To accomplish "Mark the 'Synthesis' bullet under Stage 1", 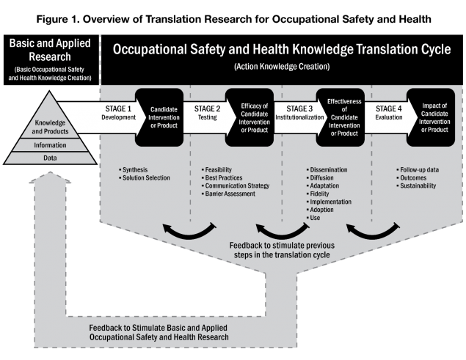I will [x=135, y=169].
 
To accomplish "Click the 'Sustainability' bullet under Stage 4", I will [x=418, y=185].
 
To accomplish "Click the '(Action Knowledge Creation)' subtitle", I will [x=282, y=66].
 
